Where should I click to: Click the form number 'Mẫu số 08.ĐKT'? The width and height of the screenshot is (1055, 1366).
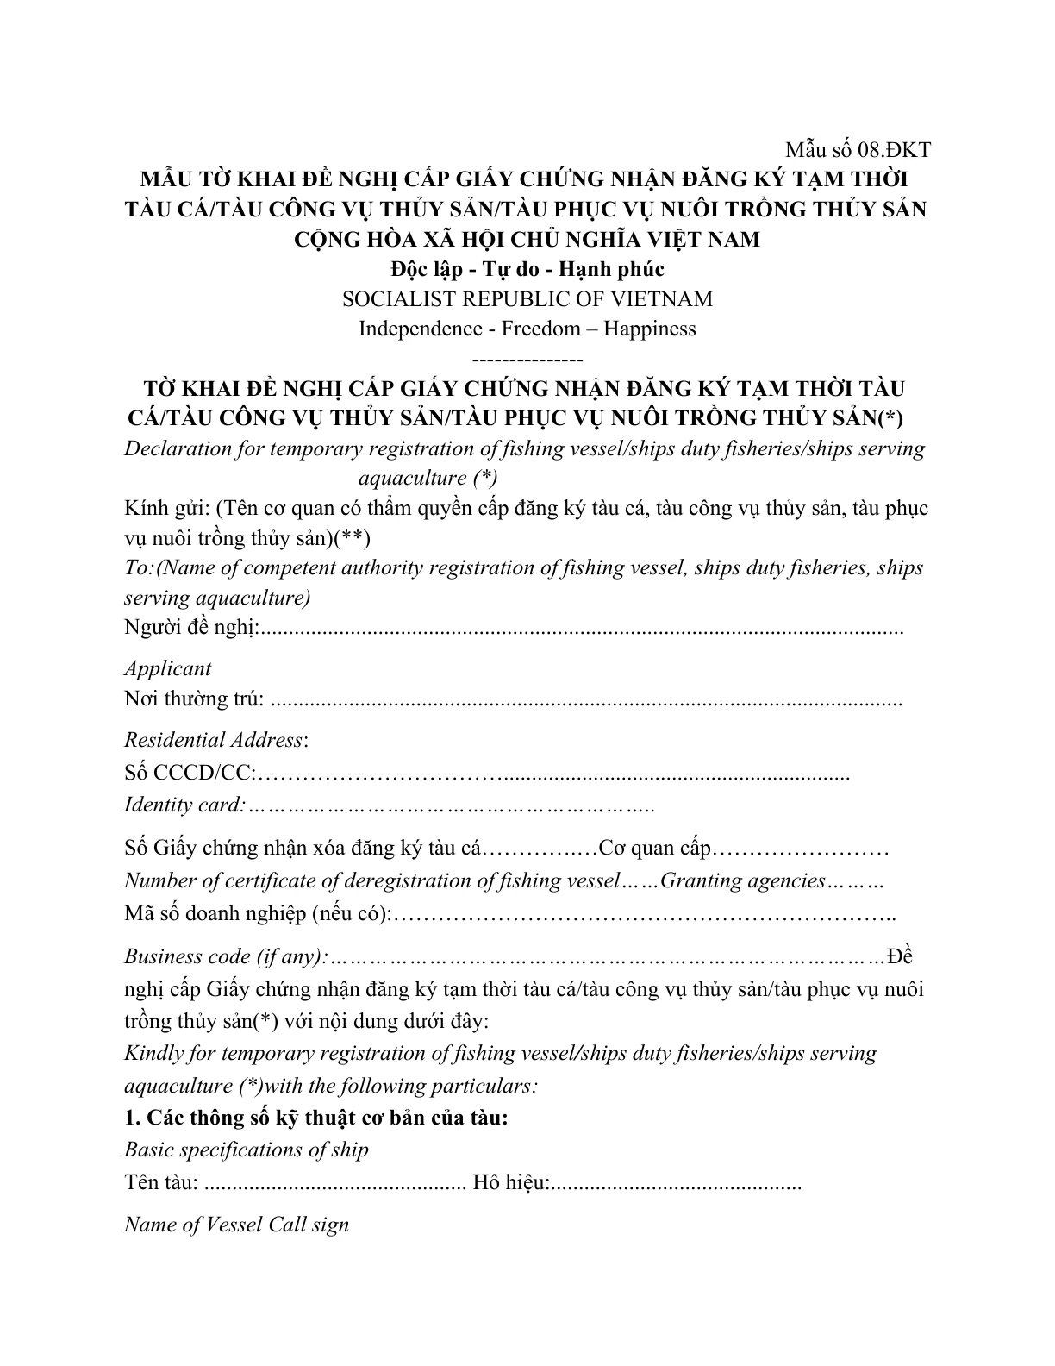(857, 150)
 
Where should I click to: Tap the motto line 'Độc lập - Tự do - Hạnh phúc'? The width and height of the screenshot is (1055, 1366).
(527, 269)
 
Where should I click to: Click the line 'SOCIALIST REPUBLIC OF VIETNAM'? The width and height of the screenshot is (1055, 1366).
(527, 299)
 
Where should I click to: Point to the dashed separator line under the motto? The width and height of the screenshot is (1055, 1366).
(527, 358)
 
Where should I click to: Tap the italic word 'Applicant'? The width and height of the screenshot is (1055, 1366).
(167, 668)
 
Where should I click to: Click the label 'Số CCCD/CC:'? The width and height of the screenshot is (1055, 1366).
(190, 773)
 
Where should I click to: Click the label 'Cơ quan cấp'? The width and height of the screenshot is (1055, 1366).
(654, 849)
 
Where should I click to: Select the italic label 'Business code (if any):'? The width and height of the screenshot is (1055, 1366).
(226, 956)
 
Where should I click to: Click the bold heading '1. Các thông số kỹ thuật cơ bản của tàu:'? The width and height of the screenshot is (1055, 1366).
(316, 1118)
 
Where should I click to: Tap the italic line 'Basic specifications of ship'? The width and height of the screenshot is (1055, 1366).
(247, 1150)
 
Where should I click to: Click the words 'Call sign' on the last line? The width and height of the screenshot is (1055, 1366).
(309, 1225)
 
